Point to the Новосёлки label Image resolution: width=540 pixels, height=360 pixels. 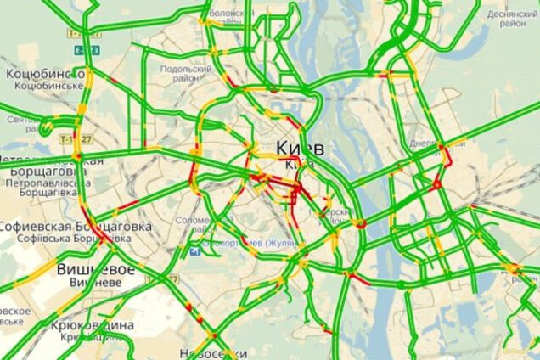click(x=212, y=352)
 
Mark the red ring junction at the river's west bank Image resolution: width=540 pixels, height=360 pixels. click(x=361, y=224)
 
